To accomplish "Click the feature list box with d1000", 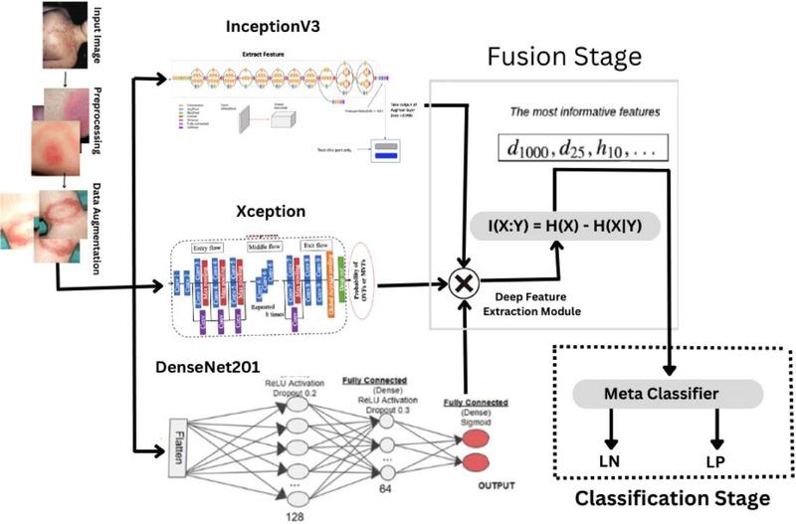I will pyautogui.click(x=582, y=149).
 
